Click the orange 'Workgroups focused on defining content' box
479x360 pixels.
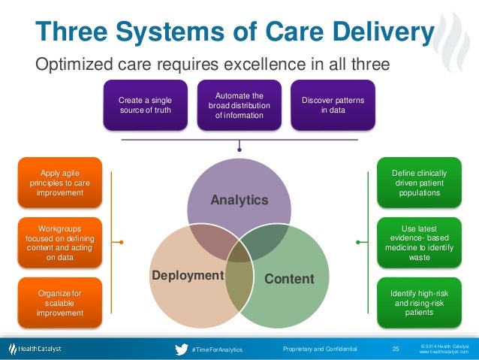pos(59,241)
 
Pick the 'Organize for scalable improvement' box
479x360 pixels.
pos(59,302)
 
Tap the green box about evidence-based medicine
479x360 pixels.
pos(415,241)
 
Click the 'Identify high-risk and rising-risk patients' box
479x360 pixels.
pos(415,302)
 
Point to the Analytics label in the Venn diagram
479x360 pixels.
pos(239,200)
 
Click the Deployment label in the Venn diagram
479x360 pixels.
pos(188,275)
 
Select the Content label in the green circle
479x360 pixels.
pos(289,279)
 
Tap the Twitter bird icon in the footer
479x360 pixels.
pos(181,349)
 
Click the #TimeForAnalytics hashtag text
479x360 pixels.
pos(217,349)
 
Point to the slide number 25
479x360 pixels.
pos(396,349)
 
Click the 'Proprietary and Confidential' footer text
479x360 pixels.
pos(320,349)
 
